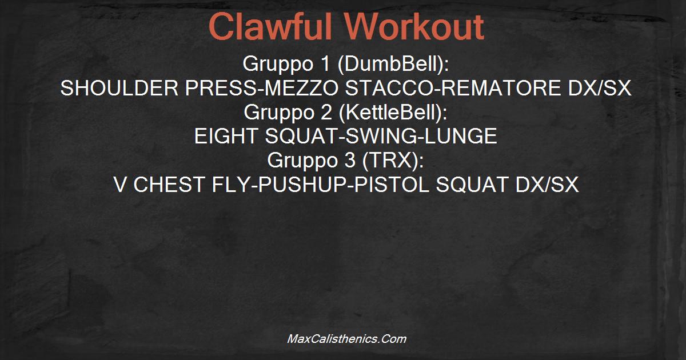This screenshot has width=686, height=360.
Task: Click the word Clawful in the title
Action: [270, 26]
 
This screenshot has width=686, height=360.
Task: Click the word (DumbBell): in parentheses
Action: [393, 64]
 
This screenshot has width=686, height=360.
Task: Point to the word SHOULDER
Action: [119, 88]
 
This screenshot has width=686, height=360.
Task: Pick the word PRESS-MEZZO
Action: [262, 88]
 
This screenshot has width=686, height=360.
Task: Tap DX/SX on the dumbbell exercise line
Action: [600, 88]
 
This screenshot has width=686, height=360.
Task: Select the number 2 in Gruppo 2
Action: [327, 112]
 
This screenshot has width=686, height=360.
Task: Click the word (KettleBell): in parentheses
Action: [393, 113]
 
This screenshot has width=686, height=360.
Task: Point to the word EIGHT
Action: [226, 136]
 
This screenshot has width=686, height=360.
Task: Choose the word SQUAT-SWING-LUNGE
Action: [381, 136]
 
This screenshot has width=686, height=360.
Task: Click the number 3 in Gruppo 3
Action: [350, 160]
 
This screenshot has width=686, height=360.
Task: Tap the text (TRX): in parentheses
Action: [393, 161]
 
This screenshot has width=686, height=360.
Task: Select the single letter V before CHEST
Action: [120, 184]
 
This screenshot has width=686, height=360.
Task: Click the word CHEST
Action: [169, 184]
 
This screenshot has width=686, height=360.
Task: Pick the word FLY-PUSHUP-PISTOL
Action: [320, 184]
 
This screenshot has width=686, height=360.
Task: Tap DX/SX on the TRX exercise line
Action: [547, 184]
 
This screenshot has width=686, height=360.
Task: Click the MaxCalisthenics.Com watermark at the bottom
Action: [346, 339]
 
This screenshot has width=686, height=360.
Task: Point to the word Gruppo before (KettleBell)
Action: [280, 113]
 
